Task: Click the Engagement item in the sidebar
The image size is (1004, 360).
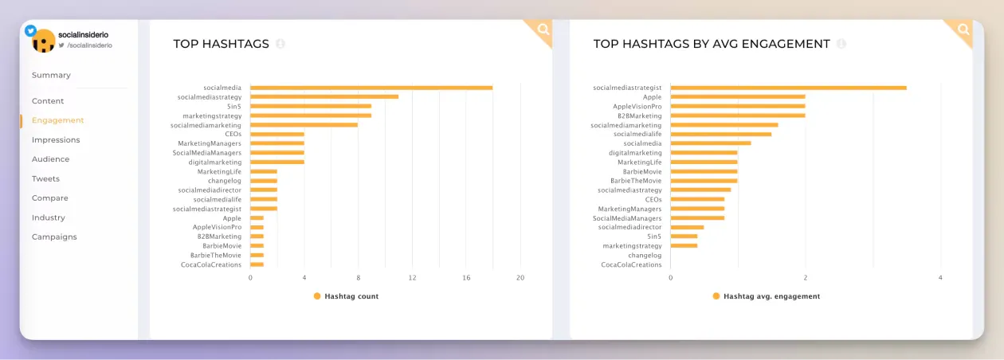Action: pos(57,120)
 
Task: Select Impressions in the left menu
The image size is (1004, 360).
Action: pos(56,140)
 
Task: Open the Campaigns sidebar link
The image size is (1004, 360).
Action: pos(54,237)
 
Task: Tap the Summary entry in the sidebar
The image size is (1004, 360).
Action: pos(51,75)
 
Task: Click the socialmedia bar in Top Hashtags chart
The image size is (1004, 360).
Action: pos(371,88)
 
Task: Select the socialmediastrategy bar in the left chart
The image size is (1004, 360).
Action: pos(324,96)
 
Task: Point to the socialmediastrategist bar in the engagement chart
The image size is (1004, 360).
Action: pos(788,88)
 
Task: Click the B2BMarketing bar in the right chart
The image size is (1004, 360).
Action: pos(737,115)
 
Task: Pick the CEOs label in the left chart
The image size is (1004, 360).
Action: pos(233,134)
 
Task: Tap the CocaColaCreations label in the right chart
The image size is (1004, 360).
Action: pos(631,264)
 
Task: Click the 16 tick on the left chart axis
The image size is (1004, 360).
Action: pos(466,278)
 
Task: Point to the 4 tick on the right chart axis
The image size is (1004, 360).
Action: pos(940,278)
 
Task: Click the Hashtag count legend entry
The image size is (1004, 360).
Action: pos(351,296)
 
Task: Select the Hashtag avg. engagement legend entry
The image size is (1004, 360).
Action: pos(771,296)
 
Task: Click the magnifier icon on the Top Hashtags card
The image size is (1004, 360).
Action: pos(543,29)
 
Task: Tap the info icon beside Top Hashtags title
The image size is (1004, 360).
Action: pos(280,44)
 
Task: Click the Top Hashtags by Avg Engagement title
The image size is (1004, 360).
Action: pos(711,44)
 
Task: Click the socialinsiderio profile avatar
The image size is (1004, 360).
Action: pos(43,41)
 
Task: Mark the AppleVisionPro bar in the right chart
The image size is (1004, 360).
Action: pos(737,106)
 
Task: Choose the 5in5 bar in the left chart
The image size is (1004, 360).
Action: pos(310,106)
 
